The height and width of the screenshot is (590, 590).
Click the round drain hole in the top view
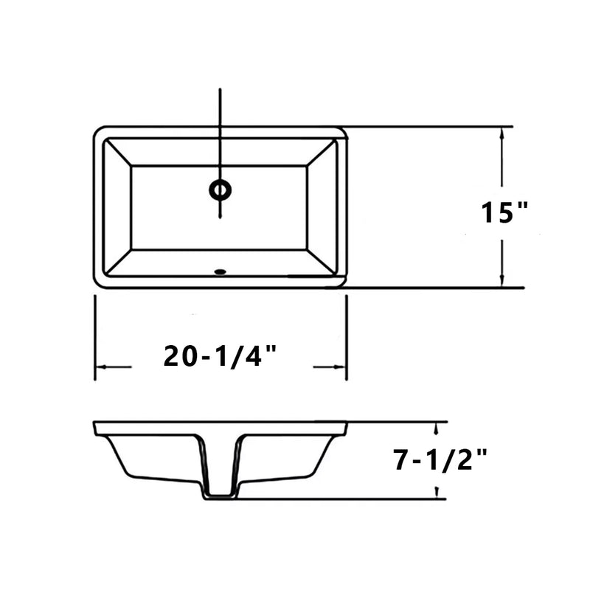pos(220,190)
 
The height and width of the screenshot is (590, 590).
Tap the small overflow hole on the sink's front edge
pos(219,272)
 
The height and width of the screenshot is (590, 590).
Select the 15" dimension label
pos(505,212)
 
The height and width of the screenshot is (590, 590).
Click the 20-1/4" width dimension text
pos(221,357)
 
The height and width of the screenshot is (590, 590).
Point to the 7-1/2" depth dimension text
pos(441,460)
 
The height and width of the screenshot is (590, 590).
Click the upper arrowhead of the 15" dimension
pos(502,133)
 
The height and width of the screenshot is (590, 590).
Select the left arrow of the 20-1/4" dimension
pos(103,367)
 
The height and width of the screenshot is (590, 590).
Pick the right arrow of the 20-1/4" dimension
pos(339,367)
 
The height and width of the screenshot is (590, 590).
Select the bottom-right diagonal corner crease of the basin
pos(323,263)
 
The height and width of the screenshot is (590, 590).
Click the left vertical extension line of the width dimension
pos(95,336)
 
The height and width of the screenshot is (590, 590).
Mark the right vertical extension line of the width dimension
pos(347,336)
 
